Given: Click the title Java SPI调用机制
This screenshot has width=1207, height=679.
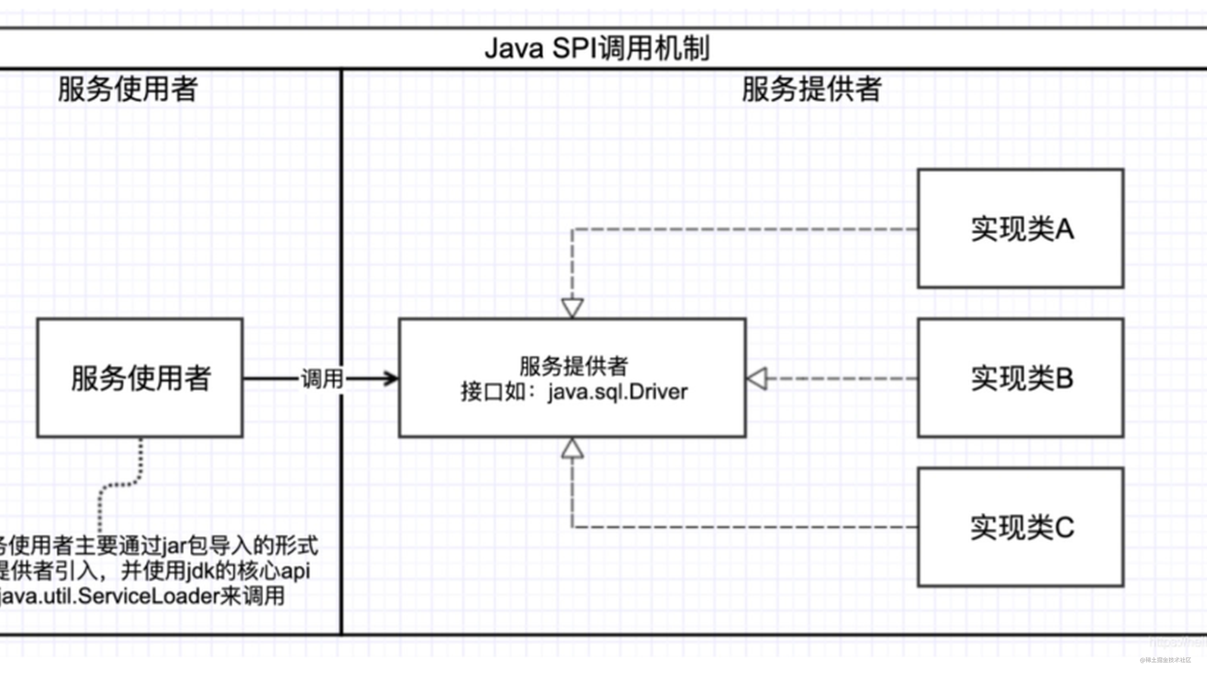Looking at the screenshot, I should click(x=597, y=48).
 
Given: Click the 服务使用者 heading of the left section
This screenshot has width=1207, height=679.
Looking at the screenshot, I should click(x=127, y=89).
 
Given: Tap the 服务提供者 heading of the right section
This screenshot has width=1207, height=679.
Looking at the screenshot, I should click(x=811, y=89).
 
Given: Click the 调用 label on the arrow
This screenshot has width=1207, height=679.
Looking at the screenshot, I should click(x=322, y=378).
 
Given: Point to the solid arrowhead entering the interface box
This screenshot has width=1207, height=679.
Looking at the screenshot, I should click(x=392, y=378).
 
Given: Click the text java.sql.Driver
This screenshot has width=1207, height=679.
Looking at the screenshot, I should click(x=618, y=392).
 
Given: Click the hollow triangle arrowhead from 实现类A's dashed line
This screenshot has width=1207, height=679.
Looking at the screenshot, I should click(x=572, y=308).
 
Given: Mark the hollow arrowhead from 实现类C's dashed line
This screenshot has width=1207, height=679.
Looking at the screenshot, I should click(x=572, y=449).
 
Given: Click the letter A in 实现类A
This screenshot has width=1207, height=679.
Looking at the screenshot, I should click(x=1064, y=229).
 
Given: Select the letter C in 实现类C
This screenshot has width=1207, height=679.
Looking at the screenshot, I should click(x=1064, y=527).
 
